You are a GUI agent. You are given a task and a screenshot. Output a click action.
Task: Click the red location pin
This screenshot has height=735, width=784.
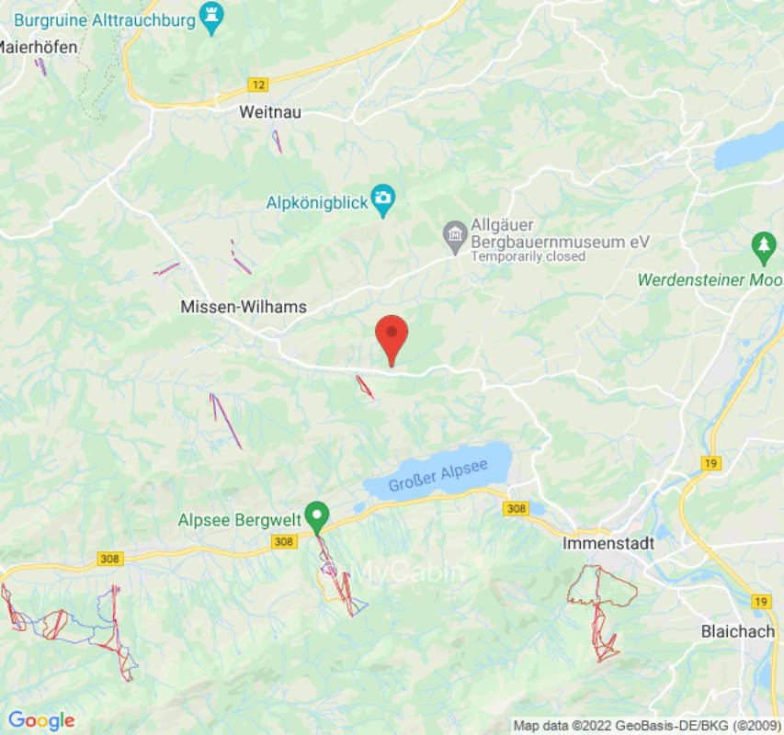click(x=392, y=337)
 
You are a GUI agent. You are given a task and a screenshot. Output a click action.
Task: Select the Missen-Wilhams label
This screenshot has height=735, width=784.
click(x=244, y=307)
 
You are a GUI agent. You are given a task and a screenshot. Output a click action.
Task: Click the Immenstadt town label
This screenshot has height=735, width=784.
click(x=608, y=543)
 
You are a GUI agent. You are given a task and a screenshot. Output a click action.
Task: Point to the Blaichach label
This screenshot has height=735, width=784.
click(x=738, y=631)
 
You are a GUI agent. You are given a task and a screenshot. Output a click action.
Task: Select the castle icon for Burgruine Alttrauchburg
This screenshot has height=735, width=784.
click(x=212, y=18)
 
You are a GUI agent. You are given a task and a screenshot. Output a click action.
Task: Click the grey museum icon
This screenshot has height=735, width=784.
click(x=454, y=237)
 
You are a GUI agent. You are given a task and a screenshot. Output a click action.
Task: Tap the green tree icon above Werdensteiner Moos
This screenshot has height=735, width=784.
click(x=763, y=245)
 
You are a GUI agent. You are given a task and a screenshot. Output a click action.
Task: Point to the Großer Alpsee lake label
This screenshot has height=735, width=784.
click(x=437, y=477)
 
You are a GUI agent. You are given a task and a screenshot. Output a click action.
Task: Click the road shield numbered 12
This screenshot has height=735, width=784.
click(x=258, y=85)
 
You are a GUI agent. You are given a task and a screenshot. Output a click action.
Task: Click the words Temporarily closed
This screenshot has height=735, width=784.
click(x=528, y=257)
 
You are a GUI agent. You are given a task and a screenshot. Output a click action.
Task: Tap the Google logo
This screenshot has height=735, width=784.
click(x=41, y=720)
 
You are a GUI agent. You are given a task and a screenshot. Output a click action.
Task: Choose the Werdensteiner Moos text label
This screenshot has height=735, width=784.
click(x=710, y=279)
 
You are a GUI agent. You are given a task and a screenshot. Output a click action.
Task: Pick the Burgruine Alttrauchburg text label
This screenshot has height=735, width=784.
click(x=105, y=18)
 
